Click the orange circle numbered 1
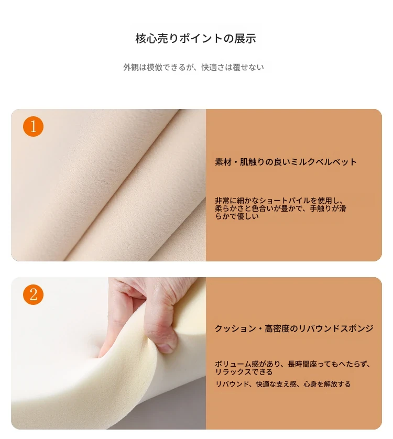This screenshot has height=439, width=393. tap(33, 126)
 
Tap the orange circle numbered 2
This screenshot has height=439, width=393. tap(33, 294)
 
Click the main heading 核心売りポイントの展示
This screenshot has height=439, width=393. tap(195, 38)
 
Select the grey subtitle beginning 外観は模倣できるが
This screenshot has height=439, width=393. tap(193, 68)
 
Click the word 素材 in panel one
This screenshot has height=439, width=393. tap(223, 162)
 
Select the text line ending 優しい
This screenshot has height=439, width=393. tap(237, 216)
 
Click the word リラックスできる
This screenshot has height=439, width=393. tap(244, 372)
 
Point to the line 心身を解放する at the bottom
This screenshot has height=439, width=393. tap(327, 384)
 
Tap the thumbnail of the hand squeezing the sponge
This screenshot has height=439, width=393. tap(108, 353)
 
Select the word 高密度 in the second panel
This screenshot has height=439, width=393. tap(277, 328)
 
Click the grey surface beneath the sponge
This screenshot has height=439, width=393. tap(168, 412)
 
